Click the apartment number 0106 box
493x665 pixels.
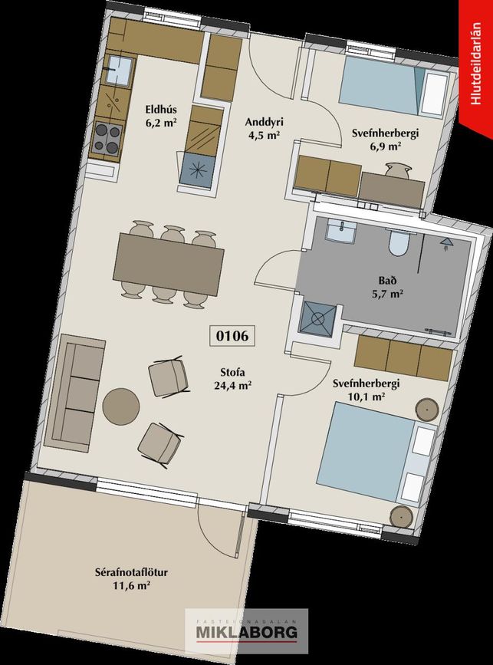232,335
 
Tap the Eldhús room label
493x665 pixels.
161,110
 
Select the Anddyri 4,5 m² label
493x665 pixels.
264,129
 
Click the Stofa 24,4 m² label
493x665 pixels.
233,379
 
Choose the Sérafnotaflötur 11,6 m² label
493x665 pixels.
131,579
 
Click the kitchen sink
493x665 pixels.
118,71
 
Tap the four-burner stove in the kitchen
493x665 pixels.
107,138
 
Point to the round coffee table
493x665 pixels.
121,407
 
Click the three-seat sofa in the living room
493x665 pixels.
74,393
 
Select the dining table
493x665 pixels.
168,264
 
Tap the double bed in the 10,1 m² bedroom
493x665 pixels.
375,452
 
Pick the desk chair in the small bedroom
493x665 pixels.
398,170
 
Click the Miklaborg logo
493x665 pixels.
246,631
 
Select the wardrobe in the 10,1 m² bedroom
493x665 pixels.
403,358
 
